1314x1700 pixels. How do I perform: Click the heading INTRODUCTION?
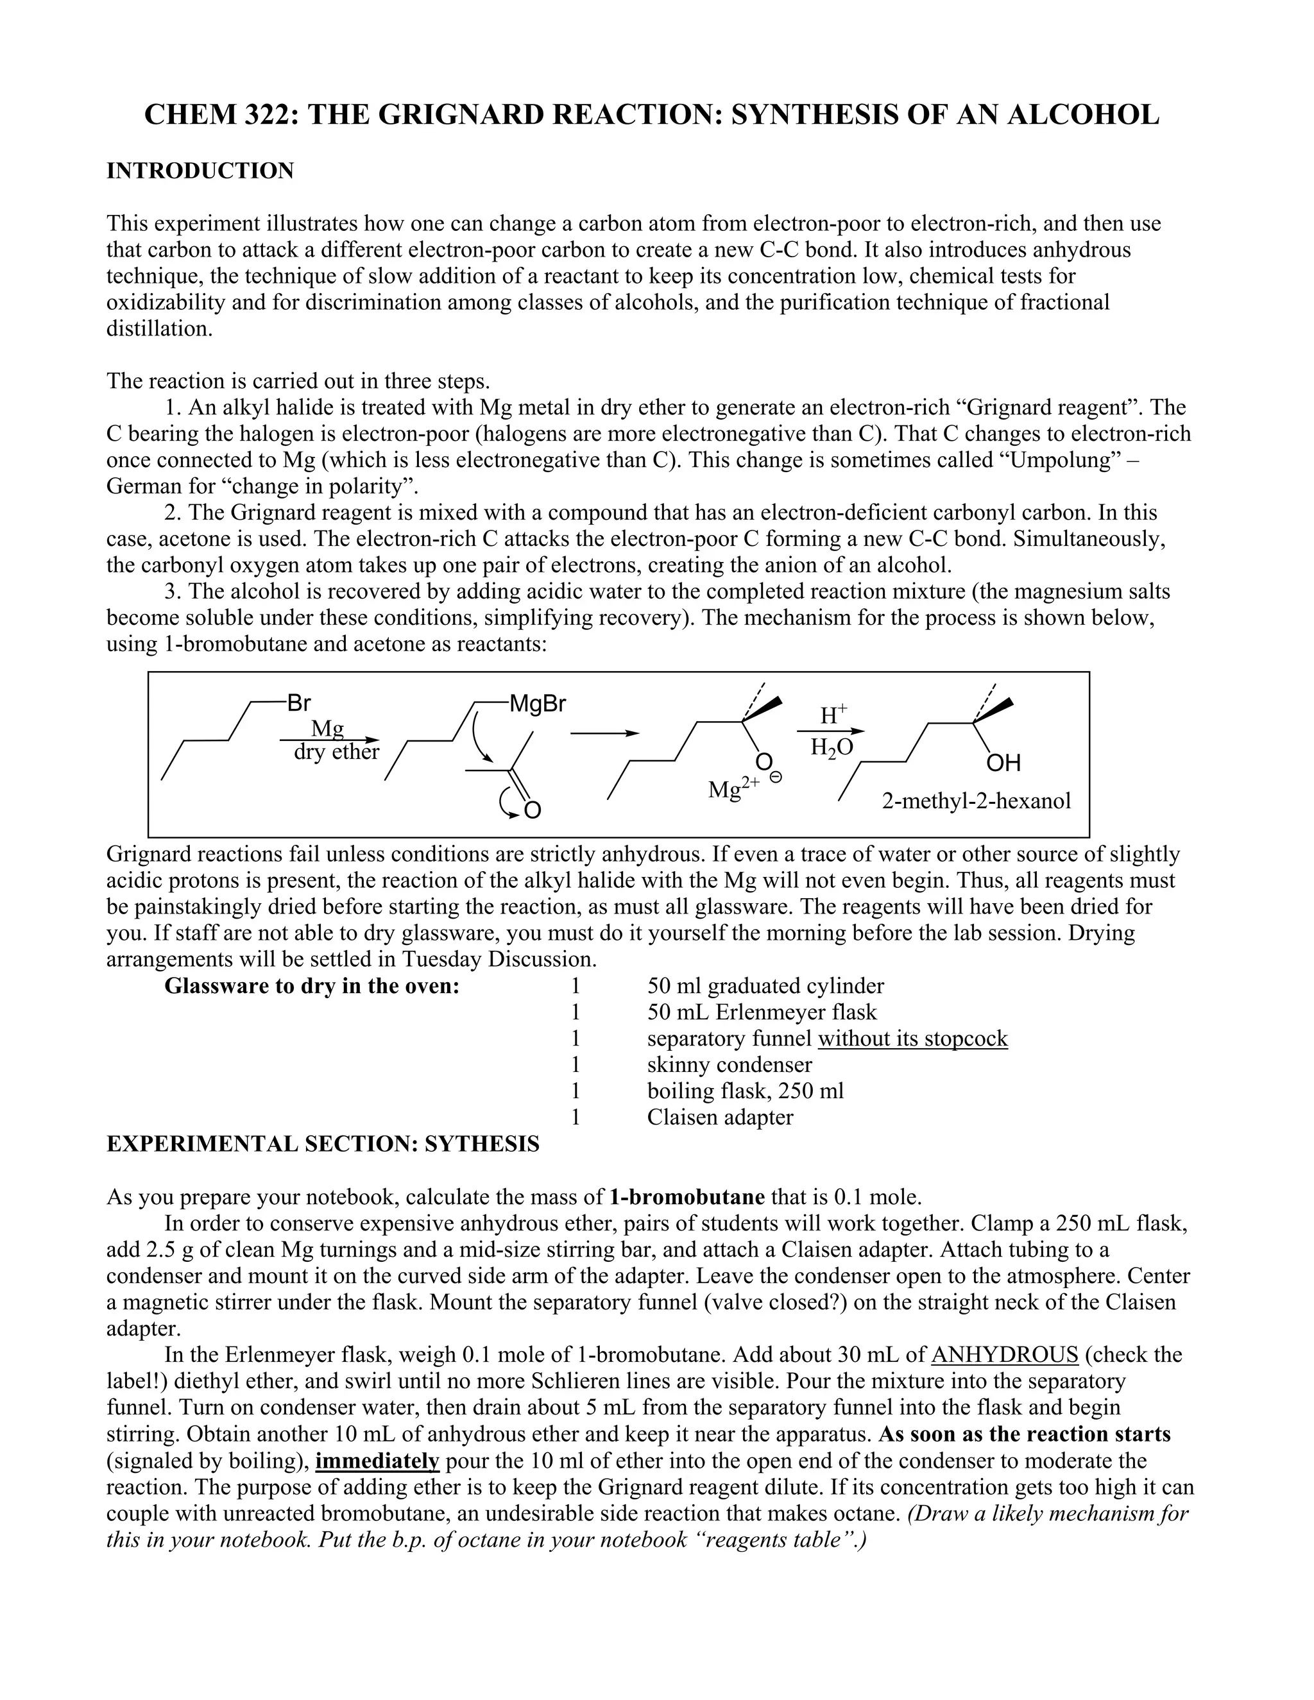click(x=200, y=171)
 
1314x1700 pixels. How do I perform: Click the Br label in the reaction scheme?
click(x=299, y=703)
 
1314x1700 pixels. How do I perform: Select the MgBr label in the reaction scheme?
click(x=538, y=704)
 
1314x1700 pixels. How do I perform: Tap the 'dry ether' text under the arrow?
click(x=336, y=752)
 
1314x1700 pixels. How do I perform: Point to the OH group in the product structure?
click(x=1003, y=762)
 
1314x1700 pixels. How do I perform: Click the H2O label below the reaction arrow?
click(x=832, y=747)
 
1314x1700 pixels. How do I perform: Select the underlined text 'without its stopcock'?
click(x=912, y=1039)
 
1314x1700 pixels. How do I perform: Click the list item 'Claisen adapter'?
click(x=720, y=1117)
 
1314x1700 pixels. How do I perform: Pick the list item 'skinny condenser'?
click(x=730, y=1065)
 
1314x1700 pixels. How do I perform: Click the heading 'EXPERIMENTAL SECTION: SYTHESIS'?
click(x=322, y=1144)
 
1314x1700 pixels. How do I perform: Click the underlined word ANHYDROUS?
click(x=1004, y=1354)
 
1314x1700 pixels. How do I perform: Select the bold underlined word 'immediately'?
click(x=377, y=1460)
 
